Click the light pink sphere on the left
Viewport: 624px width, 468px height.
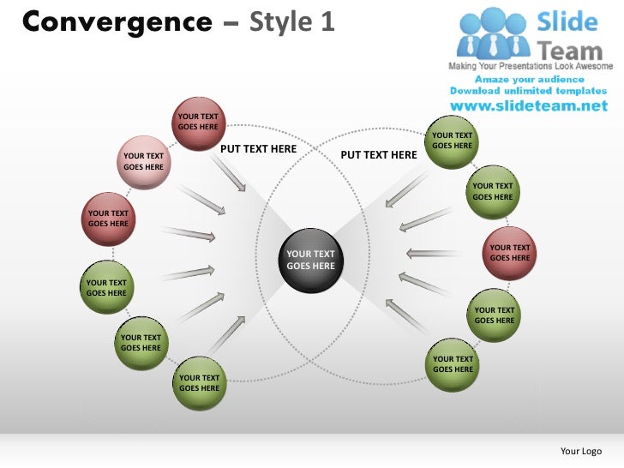click(143, 160)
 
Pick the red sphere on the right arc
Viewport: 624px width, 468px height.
click(509, 253)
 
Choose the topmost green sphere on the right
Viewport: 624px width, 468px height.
click(452, 140)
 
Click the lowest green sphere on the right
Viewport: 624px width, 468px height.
click(453, 364)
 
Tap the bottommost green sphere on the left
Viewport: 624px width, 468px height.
click(199, 382)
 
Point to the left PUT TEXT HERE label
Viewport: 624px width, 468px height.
click(259, 149)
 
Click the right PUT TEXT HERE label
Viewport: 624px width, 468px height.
click(379, 155)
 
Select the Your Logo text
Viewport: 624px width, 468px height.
click(580, 451)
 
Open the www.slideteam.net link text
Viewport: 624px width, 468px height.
click(528, 107)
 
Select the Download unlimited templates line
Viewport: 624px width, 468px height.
click(528, 91)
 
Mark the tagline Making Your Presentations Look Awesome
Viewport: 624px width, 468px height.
click(531, 66)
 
